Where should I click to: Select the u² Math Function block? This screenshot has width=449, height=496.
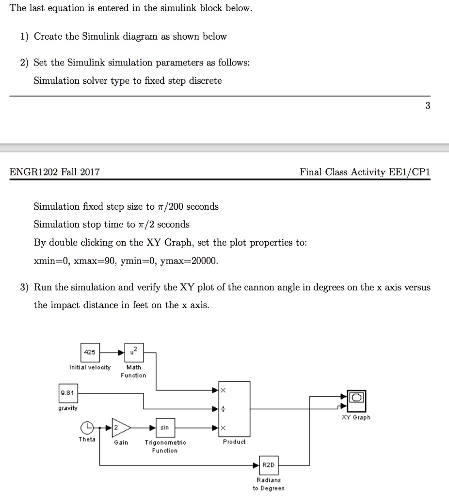(133, 352)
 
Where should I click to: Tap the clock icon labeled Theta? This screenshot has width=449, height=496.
(87, 428)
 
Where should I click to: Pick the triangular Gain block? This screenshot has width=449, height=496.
(121, 428)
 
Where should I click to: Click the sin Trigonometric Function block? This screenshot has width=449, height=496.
(165, 428)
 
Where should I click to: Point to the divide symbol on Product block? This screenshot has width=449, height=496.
(223, 409)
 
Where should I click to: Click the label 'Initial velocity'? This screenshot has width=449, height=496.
(90, 367)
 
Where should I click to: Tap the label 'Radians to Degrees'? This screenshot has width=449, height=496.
(269, 484)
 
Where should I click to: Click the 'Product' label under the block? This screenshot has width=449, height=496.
(234, 442)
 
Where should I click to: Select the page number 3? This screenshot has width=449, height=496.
(427, 106)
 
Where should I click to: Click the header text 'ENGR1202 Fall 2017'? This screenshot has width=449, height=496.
(55, 172)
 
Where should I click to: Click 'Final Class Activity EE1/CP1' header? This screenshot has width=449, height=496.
(365, 172)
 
